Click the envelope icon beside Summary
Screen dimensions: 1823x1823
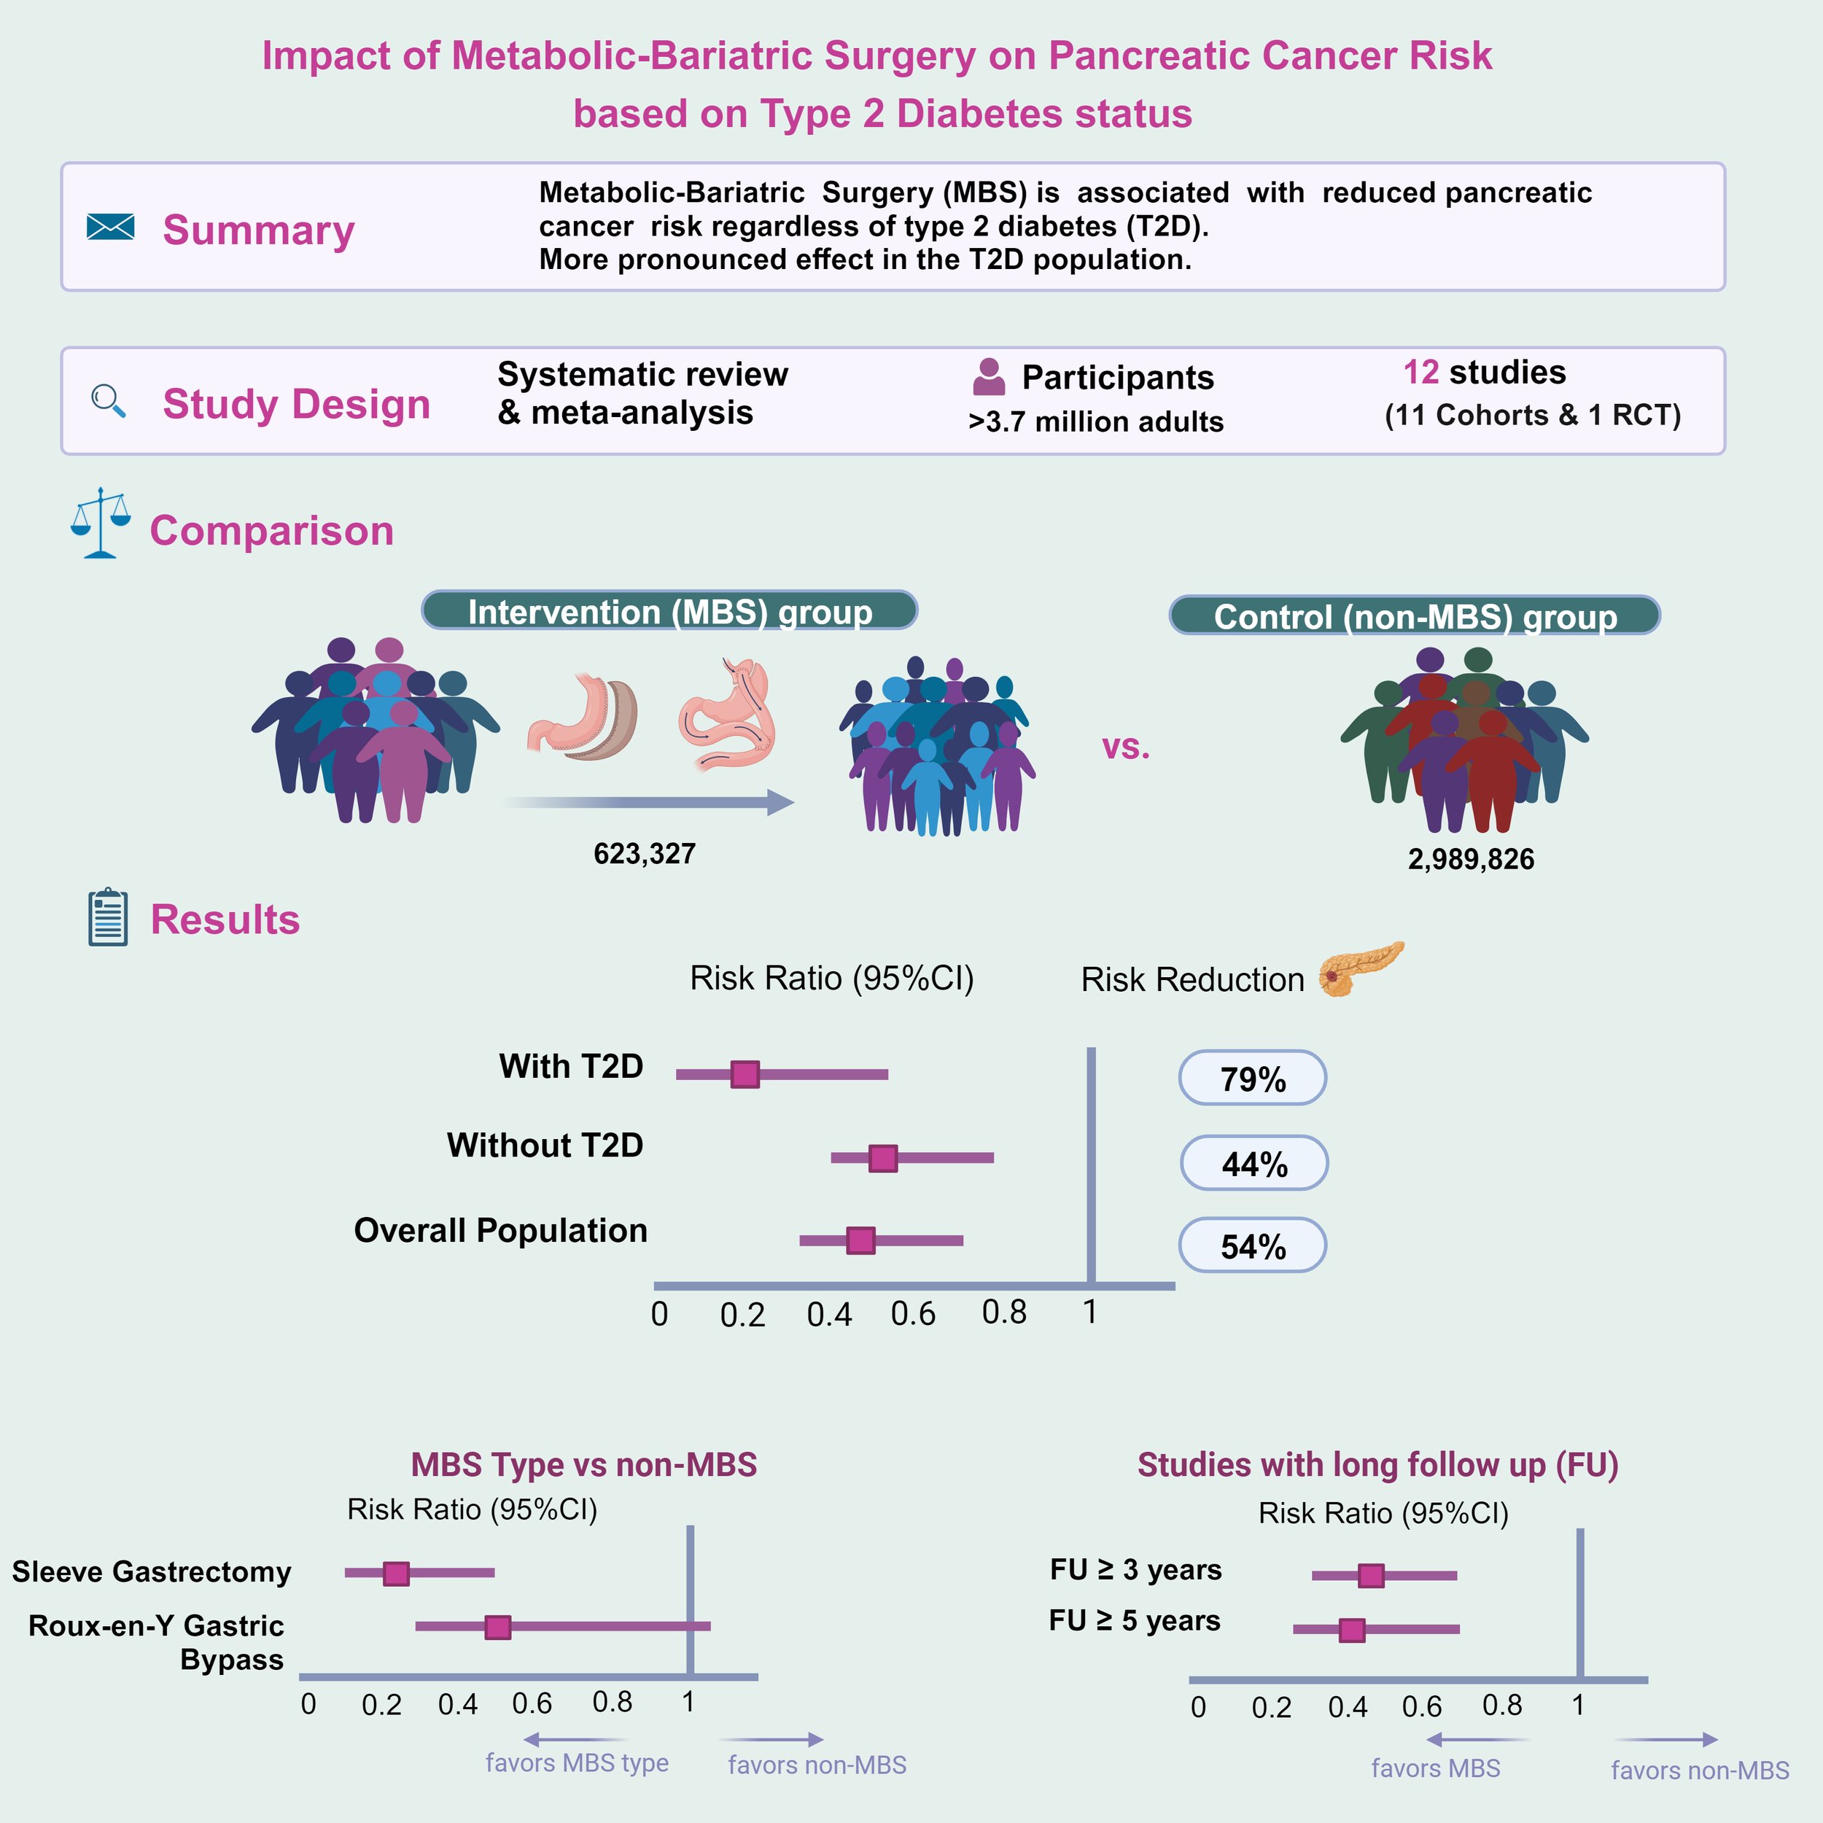coord(110,227)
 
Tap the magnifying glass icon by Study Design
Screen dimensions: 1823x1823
coord(109,400)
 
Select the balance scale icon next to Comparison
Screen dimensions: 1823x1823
coord(100,523)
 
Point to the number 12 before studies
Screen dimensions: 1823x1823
coord(1421,372)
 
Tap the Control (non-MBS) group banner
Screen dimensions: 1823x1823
coord(1415,615)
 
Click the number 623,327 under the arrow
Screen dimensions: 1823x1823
coord(645,854)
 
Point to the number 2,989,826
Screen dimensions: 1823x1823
coord(1471,859)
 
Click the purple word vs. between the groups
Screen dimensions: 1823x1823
coord(1127,747)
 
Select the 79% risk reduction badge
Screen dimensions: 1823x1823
coord(1252,1078)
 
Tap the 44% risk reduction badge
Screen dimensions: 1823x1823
coord(1254,1162)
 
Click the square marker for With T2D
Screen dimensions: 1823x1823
coord(745,1074)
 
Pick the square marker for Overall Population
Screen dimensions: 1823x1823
coord(860,1240)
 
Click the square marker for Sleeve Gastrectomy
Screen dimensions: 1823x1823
coord(396,1573)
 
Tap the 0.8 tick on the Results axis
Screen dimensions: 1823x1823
coord(1004,1312)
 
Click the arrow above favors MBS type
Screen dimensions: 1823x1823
coord(575,1739)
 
